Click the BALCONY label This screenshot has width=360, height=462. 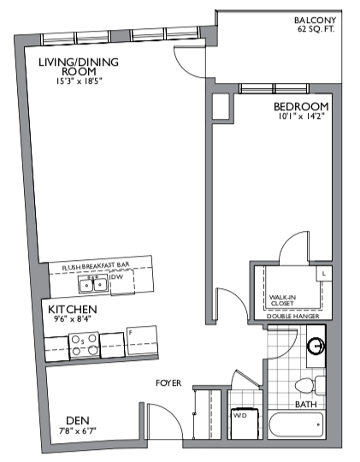(315, 20)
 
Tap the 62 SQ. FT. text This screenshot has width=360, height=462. (316, 29)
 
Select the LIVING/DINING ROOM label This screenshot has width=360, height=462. (79, 67)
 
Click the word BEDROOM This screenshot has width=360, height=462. (301, 106)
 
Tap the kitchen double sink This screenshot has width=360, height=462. (93, 284)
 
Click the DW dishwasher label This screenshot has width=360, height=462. (116, 277)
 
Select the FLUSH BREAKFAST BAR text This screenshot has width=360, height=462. (96, 266)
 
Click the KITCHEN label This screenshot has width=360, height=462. (73, 310)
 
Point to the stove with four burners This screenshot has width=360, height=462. (84, 345)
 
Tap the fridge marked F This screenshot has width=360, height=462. (142, 341)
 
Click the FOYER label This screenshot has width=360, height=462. (168, 383)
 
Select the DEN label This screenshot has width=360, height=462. (78, 420)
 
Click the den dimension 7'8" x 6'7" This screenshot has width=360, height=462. (78, 431)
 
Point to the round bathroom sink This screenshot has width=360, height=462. (316, 346)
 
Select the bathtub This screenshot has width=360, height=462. (296, 425)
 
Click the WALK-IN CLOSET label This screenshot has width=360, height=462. (282, 300)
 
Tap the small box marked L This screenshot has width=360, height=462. (324, 274)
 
